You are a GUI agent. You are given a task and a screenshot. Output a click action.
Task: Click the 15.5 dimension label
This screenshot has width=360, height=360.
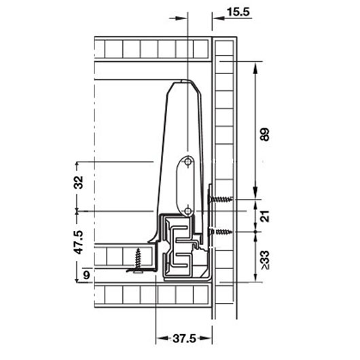pos(238,12)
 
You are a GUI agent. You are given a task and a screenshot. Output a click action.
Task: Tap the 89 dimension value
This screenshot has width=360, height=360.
pos(265,134)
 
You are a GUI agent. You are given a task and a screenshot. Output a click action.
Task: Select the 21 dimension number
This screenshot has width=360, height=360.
pos(265,216)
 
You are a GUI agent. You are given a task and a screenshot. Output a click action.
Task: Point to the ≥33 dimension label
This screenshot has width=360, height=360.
pos(265,260)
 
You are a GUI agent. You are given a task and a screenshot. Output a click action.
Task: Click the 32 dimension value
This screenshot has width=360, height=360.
pos(79,182)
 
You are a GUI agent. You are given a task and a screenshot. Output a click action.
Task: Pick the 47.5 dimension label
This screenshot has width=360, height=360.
pos(79,242)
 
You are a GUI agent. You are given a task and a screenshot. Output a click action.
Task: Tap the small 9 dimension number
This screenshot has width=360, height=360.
pos(86,275)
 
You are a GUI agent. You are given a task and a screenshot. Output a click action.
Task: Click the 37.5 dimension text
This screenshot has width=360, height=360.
pos(184,338)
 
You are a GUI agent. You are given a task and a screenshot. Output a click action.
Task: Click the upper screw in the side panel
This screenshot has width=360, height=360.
pos(220,199)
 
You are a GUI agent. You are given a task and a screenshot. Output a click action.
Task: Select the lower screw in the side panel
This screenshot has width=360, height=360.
pos(220,232)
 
